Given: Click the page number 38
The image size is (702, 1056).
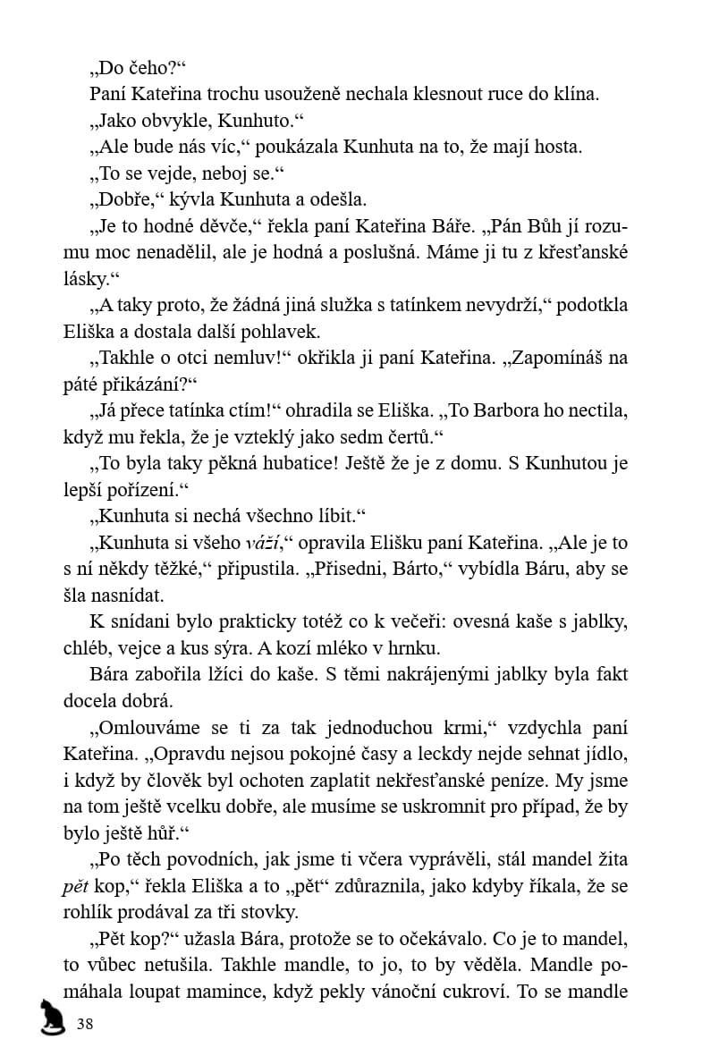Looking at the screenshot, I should coord(85,1023).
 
